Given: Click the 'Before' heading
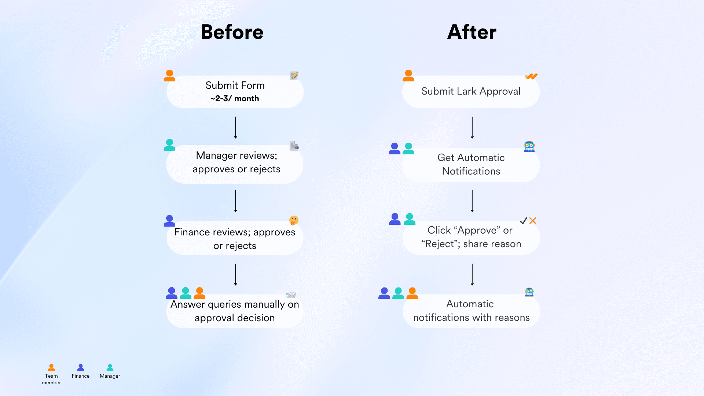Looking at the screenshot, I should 232,32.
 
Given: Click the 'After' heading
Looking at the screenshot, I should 472,32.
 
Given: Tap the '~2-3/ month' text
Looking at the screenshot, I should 235,99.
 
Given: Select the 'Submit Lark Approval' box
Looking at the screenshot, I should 471,91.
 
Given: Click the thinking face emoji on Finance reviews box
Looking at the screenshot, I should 294,220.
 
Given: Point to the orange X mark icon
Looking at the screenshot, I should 533,221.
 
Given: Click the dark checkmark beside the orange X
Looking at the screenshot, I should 524,221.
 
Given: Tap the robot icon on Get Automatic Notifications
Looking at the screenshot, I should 529,146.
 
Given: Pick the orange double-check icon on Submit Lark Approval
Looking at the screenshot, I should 531,76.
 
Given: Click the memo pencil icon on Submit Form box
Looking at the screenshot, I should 294,76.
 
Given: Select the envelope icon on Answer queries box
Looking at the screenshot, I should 291,295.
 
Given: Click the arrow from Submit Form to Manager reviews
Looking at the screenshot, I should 235,128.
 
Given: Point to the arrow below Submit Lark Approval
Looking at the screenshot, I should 472,128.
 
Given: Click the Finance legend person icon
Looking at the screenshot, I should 81,367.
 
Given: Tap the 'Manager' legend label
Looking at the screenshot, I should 110,376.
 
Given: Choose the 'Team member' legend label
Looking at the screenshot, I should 51,379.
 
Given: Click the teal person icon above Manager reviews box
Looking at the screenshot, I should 169,145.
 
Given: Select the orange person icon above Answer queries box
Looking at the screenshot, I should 199,293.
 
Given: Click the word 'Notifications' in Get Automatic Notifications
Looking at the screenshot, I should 471,171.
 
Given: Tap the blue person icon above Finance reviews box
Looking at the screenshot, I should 169,221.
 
